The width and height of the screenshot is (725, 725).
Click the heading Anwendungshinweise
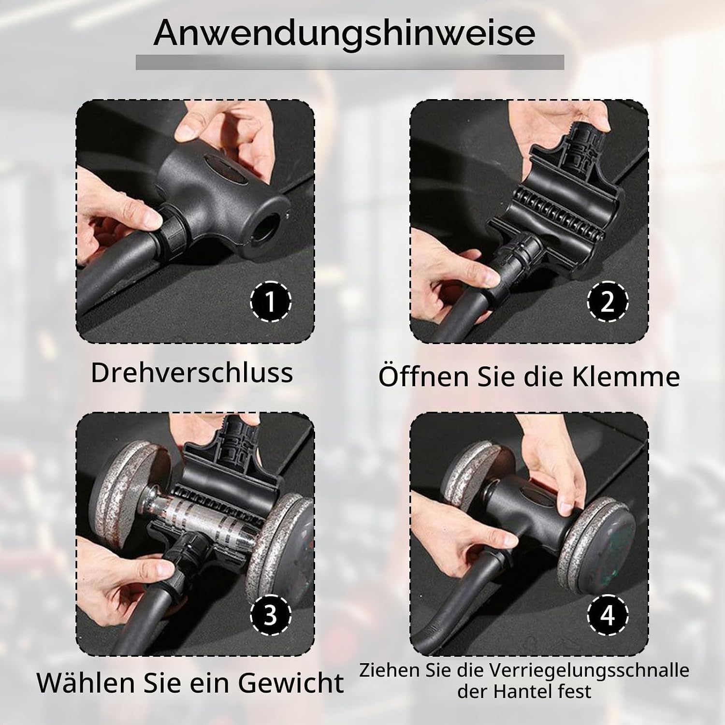click(x=344, y=33)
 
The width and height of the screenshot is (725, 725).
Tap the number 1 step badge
click(x=271, y=302)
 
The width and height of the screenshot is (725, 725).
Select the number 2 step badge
click(x=608, y=302)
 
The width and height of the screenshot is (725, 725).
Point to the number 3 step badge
click(x=271, y=615)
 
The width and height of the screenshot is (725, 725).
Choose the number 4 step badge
click(x=608, y=615)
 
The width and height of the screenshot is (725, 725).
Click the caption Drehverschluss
click(x=192, y=373)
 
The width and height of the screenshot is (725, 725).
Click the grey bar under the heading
click(x=350, y=62)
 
